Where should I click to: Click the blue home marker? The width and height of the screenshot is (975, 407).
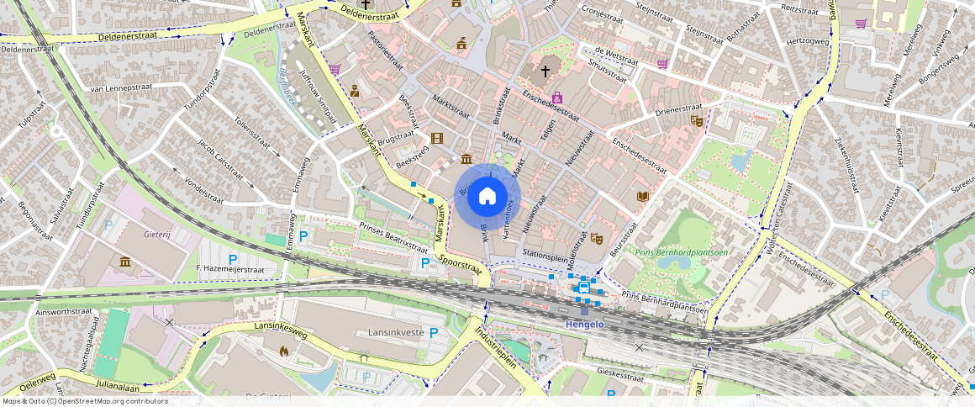tap(487, 197)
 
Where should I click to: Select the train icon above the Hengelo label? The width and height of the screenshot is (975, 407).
tap(584, 288)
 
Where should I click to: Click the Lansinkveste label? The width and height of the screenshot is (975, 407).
tap(396, 333)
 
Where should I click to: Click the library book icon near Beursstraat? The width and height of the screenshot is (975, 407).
tap(643, 196)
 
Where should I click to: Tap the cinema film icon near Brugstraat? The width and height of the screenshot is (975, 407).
tap(436, 138)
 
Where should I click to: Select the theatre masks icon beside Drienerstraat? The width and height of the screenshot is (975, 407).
tap(695, 120)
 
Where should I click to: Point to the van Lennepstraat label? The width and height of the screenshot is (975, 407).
tap(121, 88)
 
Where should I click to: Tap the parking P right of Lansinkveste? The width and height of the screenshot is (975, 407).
tap(434, 332)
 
